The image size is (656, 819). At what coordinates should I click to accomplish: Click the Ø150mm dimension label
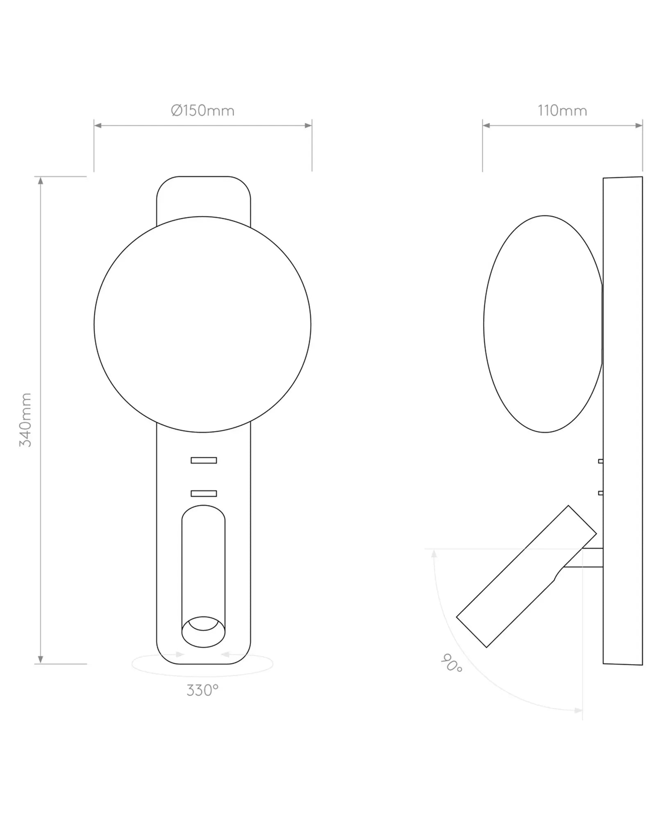tap(202, 111)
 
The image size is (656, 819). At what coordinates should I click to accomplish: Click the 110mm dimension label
tap(562, 111)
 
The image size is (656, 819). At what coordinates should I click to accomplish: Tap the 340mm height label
tap(25, 420)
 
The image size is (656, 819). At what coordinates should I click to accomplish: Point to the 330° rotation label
tap(202, 690)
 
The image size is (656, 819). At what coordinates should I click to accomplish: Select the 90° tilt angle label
tap(452, 663)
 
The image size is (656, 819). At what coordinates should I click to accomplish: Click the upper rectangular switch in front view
tap(204, 460)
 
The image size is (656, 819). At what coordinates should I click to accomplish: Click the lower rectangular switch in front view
tap(204, 493)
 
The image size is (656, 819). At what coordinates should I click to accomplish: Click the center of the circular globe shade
tap(202, 324)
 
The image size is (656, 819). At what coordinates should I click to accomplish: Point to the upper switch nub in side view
tap(600, 461)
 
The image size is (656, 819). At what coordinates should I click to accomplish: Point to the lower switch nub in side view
tap(600, 493)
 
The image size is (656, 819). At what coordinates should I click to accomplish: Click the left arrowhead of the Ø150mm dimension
tap(98, 125)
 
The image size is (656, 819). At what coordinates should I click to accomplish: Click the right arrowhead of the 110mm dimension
tap(639, 125)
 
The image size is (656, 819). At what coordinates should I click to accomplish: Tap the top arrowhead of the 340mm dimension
tap(40, 181)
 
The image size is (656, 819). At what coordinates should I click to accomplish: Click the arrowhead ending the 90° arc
tap(578, 710)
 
